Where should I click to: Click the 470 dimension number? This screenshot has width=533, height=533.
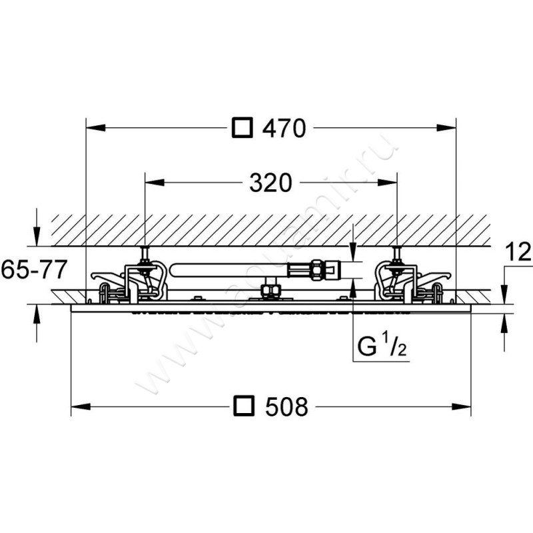coord(284,129)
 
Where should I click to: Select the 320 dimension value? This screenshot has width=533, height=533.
coord(270,183)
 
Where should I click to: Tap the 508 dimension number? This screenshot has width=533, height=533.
coord(286,406)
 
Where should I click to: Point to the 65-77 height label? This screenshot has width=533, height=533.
coord(33,269)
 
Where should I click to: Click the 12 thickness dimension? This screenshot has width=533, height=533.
coord(518,252)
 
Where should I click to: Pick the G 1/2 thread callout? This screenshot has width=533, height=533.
coord(382,345)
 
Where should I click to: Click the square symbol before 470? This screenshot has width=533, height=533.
coord(243,128)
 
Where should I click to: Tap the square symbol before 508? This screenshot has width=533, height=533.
coord(244,406)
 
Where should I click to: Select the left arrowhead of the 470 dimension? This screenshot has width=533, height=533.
coord(96,127)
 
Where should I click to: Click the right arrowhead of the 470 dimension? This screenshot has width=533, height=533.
coord(446,127)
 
